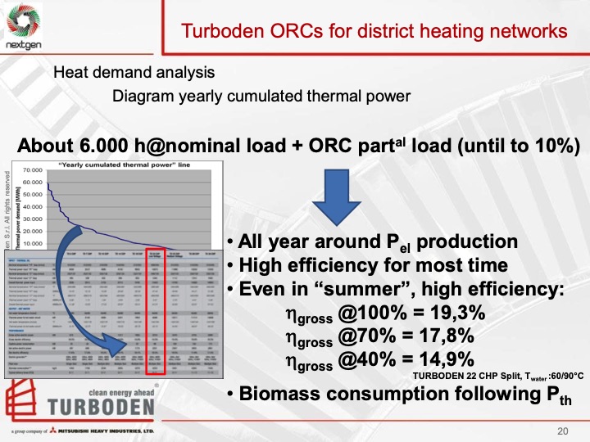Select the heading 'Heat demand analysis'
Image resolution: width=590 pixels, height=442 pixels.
(x=134, y=72)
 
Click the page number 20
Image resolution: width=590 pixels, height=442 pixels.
(x=562, y=431)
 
